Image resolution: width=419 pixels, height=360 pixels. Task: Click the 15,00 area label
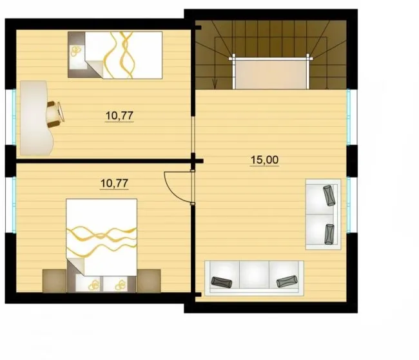pyautogui.click(x=264, y=160)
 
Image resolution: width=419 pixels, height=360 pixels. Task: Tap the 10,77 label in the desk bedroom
pyautogui.click(x=119, y=116)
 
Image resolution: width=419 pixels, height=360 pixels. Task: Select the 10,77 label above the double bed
pyautogui.click(x=114, y=183)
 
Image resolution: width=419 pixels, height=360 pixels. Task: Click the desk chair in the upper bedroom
pyautogui.click(x=55, y=114)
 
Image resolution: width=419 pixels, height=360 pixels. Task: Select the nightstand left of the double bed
pyautogui.click(x=54, y=281)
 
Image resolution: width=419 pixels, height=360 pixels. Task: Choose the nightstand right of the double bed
pyautogui.click(x=148, y=281)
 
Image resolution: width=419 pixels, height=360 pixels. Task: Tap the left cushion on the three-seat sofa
pyautogui.click(x=222, y=282)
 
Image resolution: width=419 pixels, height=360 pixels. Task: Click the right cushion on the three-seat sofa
pyautogui.click(x=287, y=281)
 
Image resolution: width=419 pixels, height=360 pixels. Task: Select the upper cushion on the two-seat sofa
pyautogui.click(x=329, y=195)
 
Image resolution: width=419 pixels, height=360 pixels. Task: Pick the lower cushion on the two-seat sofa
pyautogui.click(x=329, y=234)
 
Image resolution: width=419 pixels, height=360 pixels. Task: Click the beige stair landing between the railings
pyautogui.click(x=271, y=74)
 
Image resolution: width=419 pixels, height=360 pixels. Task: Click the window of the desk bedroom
pyautogui.click(x=14, y=117)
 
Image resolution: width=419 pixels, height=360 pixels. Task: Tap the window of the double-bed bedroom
pyautogui.click(x=14, y=205)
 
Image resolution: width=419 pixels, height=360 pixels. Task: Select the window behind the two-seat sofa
pyautogui.click(x=349, y=205)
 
